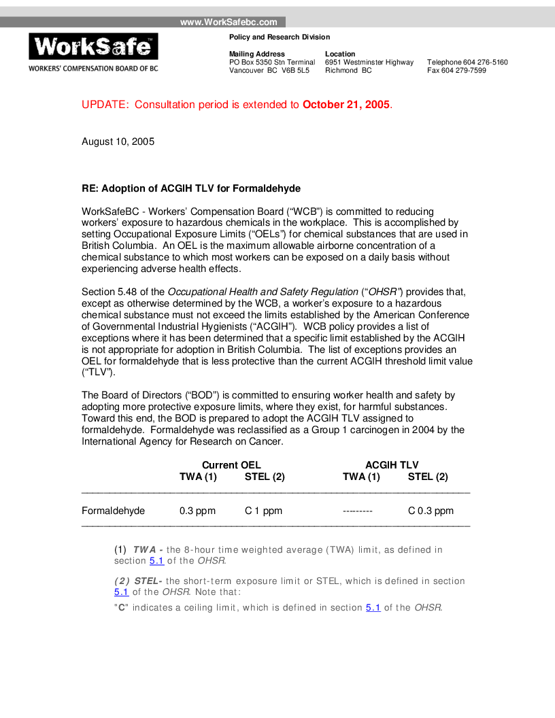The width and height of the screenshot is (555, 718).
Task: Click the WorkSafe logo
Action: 93,46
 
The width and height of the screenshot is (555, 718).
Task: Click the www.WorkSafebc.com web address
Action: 229,22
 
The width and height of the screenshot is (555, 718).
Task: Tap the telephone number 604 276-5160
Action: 485,63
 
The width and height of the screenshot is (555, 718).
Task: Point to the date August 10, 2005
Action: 118,142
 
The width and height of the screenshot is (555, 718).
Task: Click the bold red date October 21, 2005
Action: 346,105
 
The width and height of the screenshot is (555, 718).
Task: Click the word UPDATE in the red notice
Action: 105,105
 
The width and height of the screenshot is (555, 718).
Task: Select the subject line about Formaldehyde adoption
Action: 191,188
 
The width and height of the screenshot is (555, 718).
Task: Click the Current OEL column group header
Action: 231,465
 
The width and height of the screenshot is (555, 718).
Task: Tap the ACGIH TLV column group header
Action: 392,465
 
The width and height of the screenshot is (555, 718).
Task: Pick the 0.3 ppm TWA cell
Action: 197,511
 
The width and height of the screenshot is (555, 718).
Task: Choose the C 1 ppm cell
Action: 263,511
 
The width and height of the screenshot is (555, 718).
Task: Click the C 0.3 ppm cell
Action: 431,511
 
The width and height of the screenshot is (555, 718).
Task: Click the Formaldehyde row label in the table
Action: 113,511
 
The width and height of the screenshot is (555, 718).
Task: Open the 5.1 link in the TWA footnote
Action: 156,561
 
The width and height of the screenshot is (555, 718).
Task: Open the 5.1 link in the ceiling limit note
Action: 373,607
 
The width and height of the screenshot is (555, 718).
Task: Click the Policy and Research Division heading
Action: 280,37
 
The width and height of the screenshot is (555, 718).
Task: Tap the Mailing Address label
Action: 257,54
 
